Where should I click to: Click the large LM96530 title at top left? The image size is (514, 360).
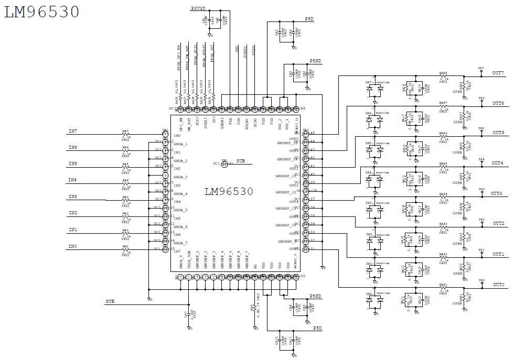pyautogui.click(x=41, y=11)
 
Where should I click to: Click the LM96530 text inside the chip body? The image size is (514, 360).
pyautogui.click(x=228, y=191)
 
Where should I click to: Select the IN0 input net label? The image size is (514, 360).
pyautogui.click(x=72, y=246)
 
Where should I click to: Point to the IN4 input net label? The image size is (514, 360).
pyautogui.click(x=72, y=180)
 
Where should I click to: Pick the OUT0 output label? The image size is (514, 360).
pyautogui.click(x=498, y=285)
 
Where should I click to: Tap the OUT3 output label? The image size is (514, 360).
pyautogui.click(x=496, y=194)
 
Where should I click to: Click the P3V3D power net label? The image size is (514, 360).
pyautogui.click(x=199, y=9)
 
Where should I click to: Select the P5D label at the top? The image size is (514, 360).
pyautogui.click(x=309, y=19)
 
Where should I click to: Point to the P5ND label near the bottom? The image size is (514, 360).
pyautogui.click(x=315, y=297)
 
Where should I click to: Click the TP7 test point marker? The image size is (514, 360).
pyautogui.click(x=481, y=69)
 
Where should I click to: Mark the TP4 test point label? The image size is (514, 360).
pyautogui.click(x=481, y=159)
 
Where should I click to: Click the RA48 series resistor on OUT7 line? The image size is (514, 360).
pyautogui.click(x=443, y=77)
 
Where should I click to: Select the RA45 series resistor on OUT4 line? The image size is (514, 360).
pyautogui.click(x=443, y=167)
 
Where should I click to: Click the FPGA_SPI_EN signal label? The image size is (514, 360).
pyautogui.click(x=179, y=58)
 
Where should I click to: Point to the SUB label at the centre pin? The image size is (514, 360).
pyautogui.click(x=241, y=160)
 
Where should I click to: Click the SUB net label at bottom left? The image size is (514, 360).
pyautogui.click(x=110, y=302)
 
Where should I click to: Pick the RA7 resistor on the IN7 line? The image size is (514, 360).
pyautogui.click(x=125, y=135)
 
